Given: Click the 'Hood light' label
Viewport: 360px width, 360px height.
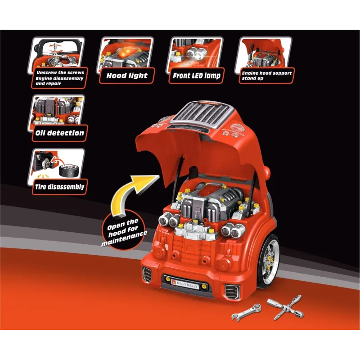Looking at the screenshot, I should tap(127, 76).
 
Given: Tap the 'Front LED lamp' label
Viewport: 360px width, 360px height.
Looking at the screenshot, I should tap(197, 76).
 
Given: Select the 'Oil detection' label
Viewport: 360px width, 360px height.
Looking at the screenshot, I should tap(59, 133).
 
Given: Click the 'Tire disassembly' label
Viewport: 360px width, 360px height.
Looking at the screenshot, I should tap(58, 187).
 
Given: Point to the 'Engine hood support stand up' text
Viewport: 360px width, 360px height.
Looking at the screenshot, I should tap(266, 75).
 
